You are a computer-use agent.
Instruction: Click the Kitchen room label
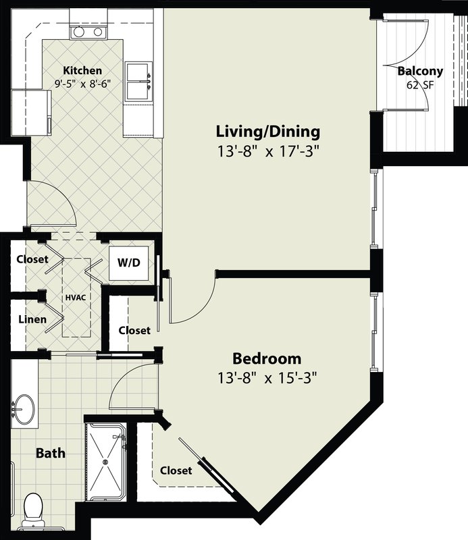82,71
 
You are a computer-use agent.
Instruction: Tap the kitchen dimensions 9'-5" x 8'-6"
82,83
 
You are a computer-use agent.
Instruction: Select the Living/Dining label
268,132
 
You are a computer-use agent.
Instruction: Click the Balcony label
420,72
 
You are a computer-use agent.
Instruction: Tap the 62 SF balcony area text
420,85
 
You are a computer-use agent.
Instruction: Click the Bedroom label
267,358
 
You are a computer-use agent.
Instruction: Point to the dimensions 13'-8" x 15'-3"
266,378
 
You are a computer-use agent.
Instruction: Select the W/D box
129,263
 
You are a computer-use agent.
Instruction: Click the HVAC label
76,298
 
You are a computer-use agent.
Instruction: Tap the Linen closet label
32,319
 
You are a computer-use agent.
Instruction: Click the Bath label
51,453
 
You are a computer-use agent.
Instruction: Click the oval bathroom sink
24,409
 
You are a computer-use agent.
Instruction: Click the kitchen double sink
139,81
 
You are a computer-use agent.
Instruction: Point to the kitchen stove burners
88,32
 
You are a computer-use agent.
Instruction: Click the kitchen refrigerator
31,113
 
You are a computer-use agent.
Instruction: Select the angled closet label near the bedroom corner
176,470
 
